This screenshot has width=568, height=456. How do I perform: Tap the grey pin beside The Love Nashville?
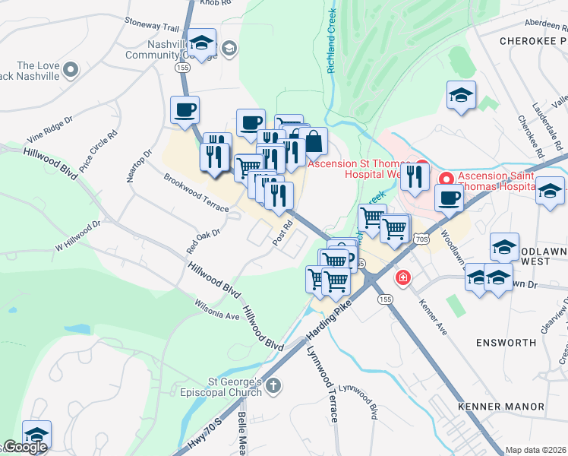point(71,71)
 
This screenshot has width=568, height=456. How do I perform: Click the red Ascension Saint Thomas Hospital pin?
point(446,180)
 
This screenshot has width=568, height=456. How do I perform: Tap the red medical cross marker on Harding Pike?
point(402,279)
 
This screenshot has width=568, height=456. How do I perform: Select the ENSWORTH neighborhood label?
point(506,343)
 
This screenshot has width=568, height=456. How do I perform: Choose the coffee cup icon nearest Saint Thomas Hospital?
point(449,198)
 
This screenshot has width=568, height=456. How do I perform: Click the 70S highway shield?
point(423,239)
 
